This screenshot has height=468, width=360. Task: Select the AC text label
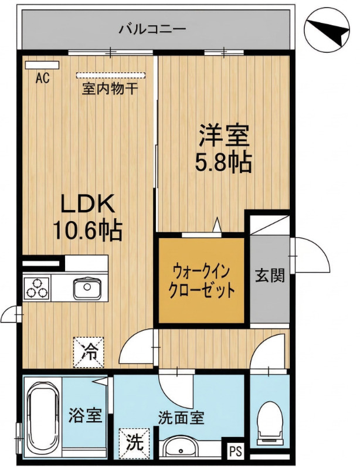tap(42, 77)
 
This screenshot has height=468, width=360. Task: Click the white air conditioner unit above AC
tap(38, 65)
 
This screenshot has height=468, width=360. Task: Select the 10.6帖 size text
tap(87, 231)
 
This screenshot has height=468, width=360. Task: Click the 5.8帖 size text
tap(223, 162)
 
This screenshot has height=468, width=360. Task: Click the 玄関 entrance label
tap(270, 276)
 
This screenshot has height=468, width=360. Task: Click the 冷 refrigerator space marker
tap(89, 352)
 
